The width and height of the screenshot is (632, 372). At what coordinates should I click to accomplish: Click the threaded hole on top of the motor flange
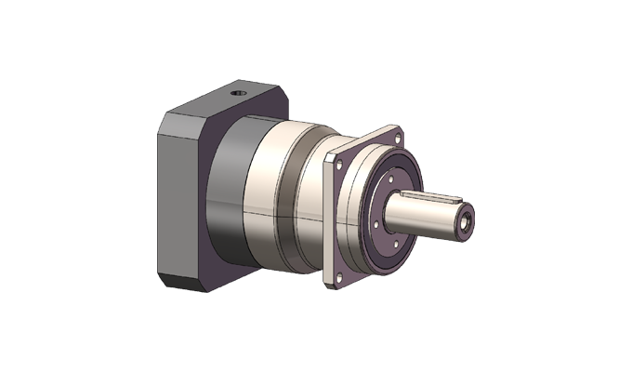point(235,92)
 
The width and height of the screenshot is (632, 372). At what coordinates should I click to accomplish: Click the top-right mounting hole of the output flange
point(397,139)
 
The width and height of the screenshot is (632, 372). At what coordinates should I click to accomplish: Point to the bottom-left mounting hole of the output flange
point(336,275)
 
